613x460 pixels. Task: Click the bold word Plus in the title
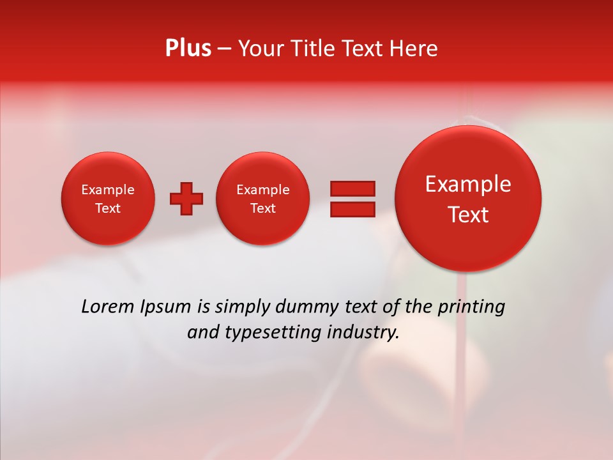point(188,49)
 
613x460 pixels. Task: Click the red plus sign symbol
point(186,199)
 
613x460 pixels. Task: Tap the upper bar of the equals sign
point(352,188)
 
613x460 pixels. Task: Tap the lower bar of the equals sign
point(352,210)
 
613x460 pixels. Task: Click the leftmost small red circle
point(108,199)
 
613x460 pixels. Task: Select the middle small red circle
point(263,199)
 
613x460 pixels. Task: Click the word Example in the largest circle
point(468,184)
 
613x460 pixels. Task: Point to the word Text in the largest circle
point(468,215)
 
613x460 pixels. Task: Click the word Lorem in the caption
point(108,307)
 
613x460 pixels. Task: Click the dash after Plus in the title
point(224,49)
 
